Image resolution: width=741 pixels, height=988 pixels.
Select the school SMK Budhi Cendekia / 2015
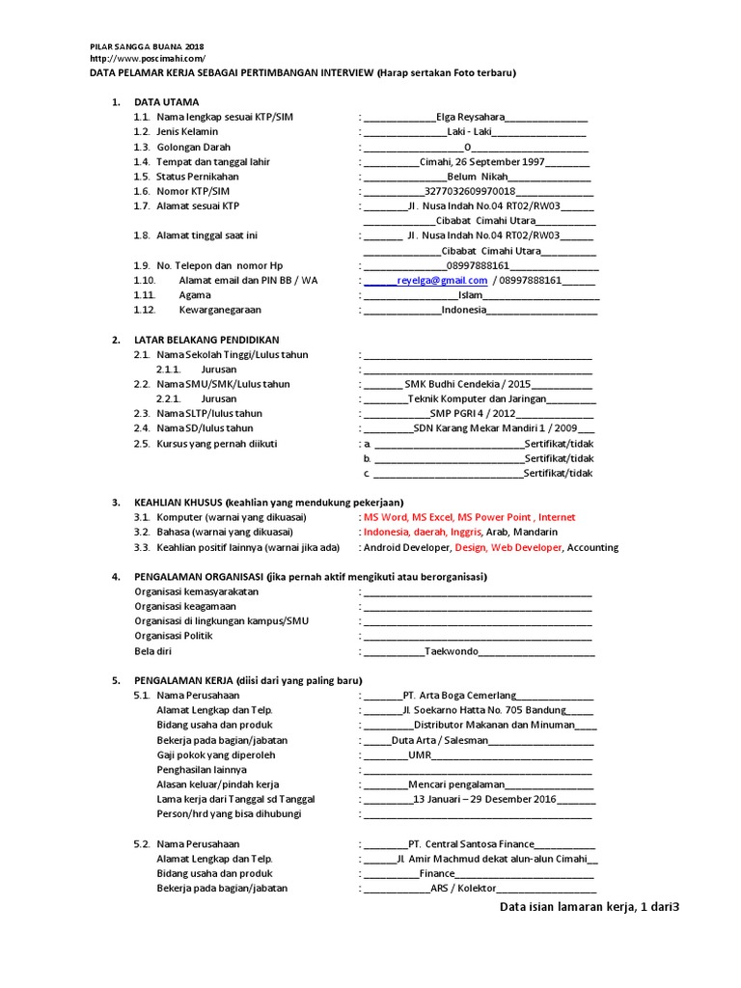(468, 384)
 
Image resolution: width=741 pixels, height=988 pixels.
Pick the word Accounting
(592, 547)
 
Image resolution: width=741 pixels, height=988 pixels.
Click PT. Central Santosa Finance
(470, 844)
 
